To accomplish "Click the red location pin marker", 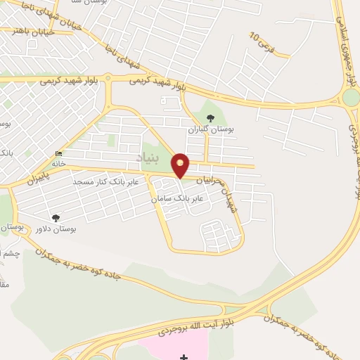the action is tap(181, 165).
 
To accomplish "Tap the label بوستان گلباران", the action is tap(210, 129).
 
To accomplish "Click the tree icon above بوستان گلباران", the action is tap(210, 117).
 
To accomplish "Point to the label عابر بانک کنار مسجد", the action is tap(108, 181).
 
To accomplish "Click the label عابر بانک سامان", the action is tap(177, 199).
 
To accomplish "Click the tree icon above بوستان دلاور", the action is tap(56, 218).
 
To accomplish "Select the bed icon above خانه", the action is tap(58, 154).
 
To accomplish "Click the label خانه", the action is tap(58, 164).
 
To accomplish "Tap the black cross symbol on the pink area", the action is tap(184, 356).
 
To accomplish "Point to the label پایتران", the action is tap(40, 176).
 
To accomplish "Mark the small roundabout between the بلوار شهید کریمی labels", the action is tap(108, 79).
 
